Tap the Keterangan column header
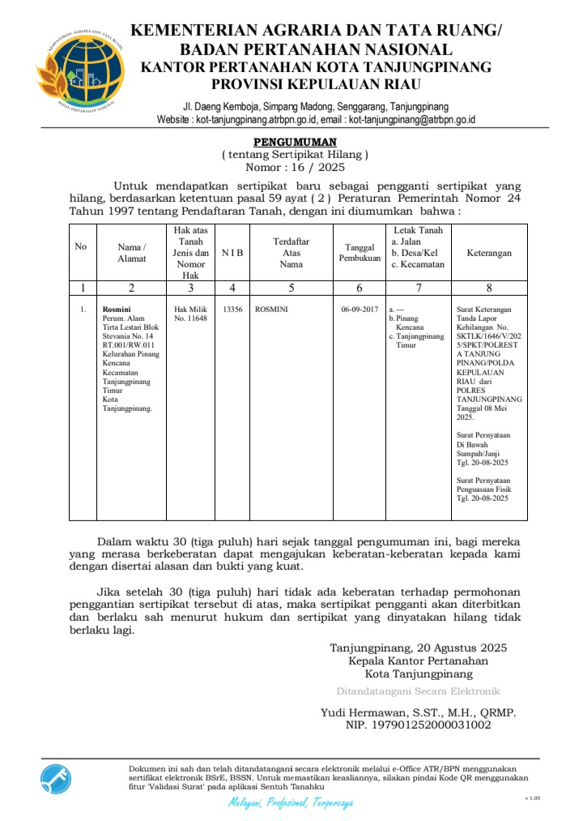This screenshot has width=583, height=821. click(488, 253)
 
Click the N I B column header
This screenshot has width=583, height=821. click(232, 253)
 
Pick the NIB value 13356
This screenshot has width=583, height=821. click(232, 309)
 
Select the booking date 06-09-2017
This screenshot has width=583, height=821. click(360, 309)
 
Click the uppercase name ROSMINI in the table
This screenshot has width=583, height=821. click(271, 309)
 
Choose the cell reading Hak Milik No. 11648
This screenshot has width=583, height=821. click(190, 314)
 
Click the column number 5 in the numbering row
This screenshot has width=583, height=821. click(291, 288)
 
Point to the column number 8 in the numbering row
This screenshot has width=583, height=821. click(488, 288)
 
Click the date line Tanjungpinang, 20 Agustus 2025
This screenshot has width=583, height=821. click(418, 648)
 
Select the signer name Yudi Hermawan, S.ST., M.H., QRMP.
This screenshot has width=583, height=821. click(419, 712)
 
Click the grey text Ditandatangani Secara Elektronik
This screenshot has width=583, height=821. click(418, 691)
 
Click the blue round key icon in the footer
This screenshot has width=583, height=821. click(56, 780)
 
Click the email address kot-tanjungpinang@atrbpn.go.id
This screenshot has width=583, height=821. click(411, 120)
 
